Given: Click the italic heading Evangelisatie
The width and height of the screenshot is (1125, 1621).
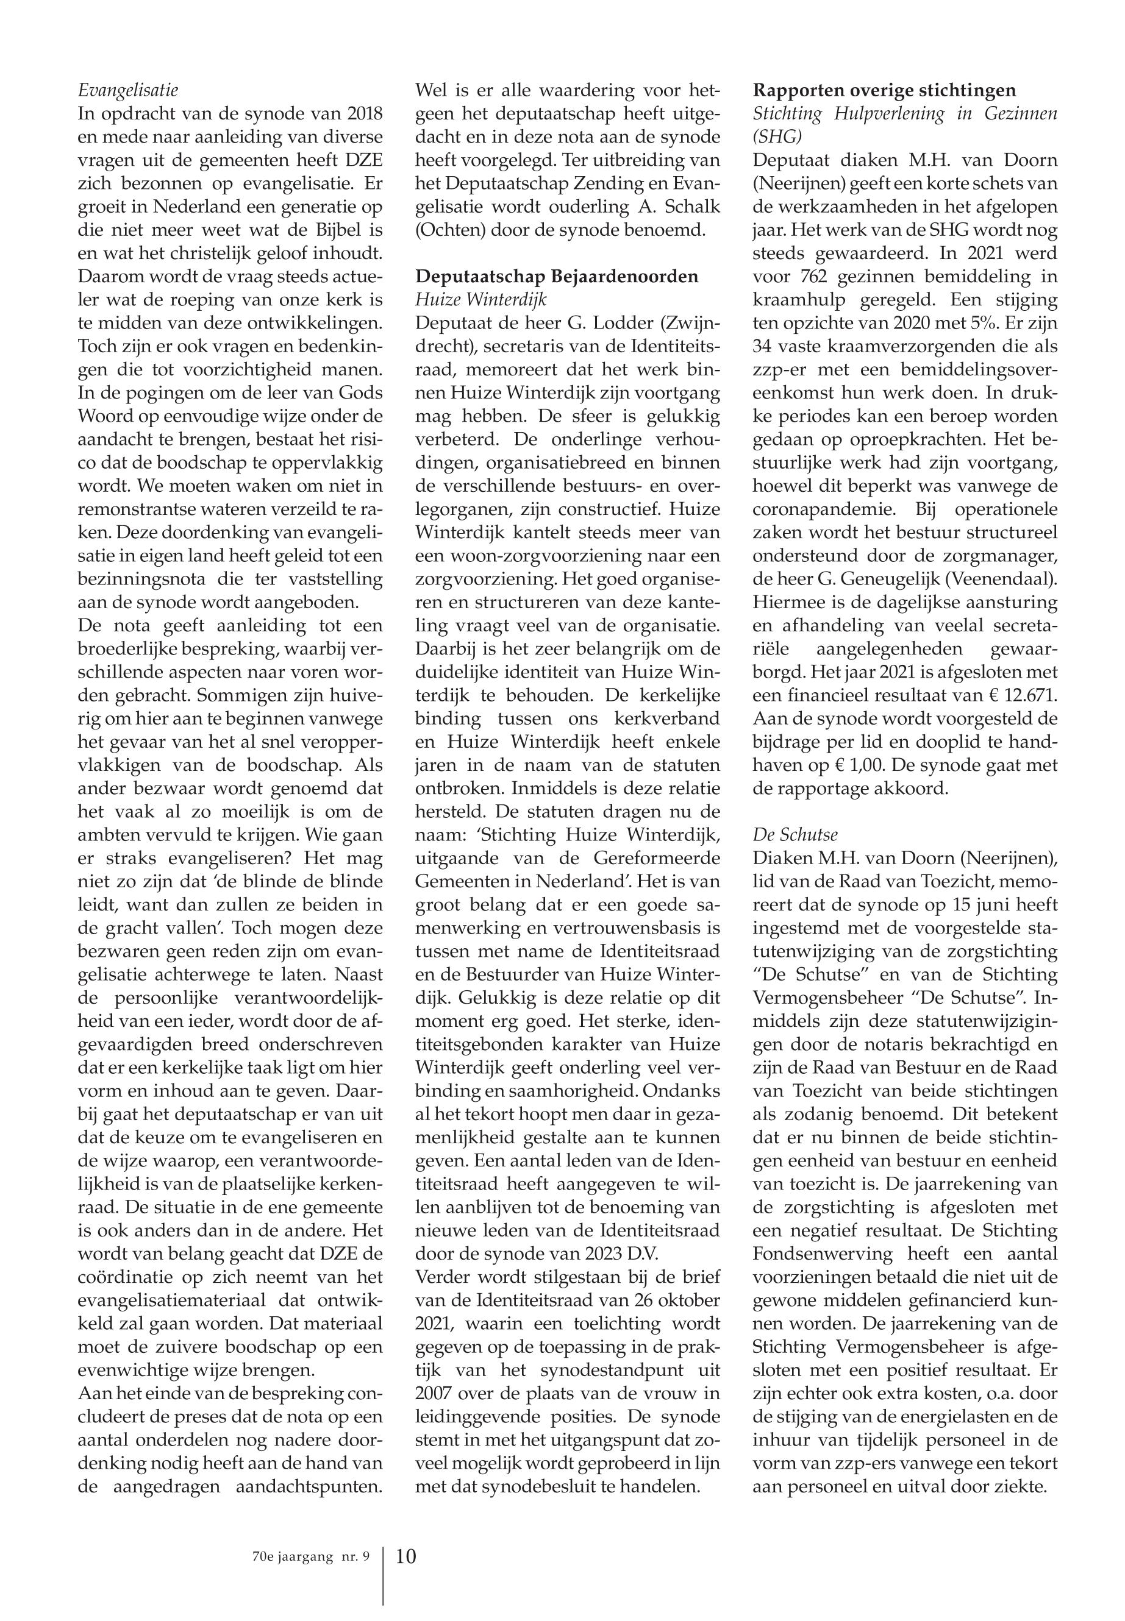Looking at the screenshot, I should click(x=127, y=90).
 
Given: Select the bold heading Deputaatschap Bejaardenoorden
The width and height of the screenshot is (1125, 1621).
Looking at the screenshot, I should click(x=557, y=275).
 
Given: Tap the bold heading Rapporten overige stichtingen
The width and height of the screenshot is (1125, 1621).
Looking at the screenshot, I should click(x=885, y=90).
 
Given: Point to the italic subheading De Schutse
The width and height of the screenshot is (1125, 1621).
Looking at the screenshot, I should click(x=795, y=834).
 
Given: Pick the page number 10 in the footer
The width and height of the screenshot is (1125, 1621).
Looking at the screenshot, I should click(x=406, y=1536).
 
